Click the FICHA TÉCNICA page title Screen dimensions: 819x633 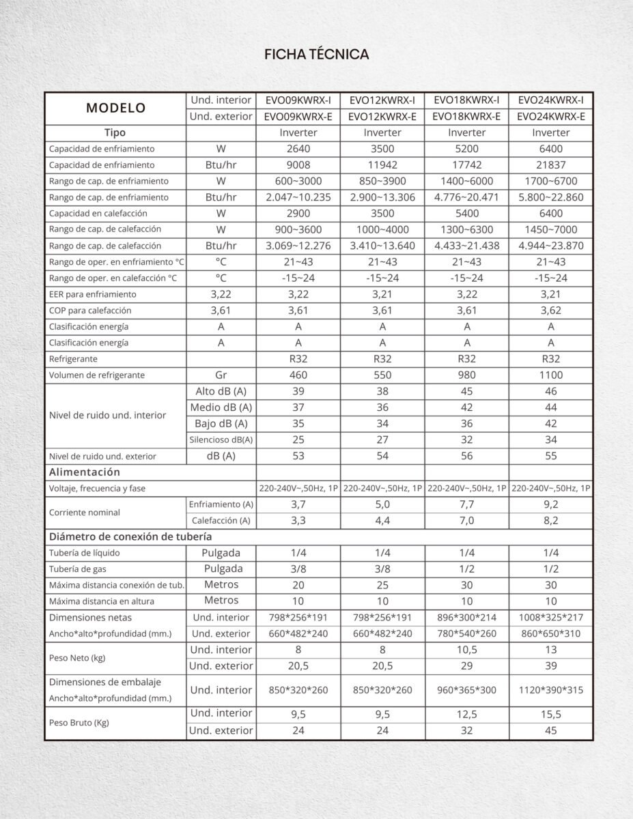click(316, 55)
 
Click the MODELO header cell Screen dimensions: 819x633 click(116, 108)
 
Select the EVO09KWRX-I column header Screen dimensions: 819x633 click(298, 100)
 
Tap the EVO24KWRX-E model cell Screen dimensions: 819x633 click(550, 116)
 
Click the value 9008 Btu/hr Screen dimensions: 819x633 click(298, 164)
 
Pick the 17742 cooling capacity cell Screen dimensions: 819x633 click(466, 164)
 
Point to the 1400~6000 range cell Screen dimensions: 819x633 click(466, 181)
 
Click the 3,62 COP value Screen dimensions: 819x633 click(550, 311)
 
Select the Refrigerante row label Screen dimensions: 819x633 click(73, 359)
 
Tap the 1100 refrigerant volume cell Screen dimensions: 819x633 click(550, 375)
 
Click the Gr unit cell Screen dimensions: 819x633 click(221, 375)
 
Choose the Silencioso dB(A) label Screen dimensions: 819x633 click(221, 440)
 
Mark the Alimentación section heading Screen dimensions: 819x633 click(84, 472)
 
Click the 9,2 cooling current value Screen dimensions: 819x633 click(550, 504)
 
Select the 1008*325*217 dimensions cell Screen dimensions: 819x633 click(550, 618)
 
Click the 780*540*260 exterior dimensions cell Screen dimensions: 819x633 click(466, 633)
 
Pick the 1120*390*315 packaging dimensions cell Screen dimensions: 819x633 click(550, 690)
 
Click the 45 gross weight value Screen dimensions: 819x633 click(550, 730)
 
